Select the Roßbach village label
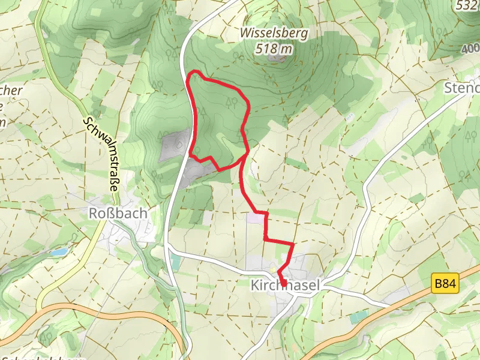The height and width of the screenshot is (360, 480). click(118, 213)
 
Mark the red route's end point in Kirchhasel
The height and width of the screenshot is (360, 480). click(283, 282)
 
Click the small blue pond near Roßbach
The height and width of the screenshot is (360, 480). click(58, 253)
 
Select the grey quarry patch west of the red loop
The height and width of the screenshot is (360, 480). click(175, 146)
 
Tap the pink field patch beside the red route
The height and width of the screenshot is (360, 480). click(255, 217)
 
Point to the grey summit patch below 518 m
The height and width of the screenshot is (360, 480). click(278, 59)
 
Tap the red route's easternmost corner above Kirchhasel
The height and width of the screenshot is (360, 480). click(293, 244)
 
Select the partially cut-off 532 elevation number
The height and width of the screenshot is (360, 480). click(468, 5)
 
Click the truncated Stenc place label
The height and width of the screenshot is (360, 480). click(463, 88)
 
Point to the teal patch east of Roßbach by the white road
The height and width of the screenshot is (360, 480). click(174, 260)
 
